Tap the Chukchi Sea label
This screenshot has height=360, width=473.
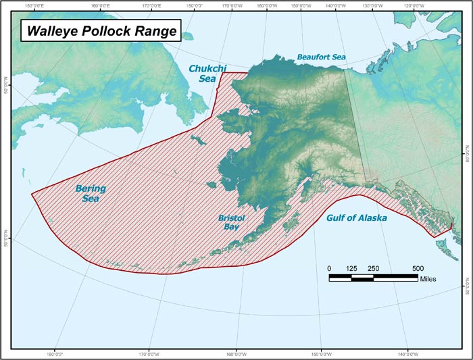pos(202,74)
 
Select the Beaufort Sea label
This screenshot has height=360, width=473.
pos(321,57)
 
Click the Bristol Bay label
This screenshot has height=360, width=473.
pos(230,223)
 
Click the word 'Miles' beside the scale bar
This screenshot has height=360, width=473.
pos(428,278)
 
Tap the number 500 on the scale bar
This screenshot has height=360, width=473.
pos(417,268)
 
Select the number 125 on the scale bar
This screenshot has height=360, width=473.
pos(351,268)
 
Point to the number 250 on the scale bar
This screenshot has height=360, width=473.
pos(373,268)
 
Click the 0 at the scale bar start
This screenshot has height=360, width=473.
pos(330,268)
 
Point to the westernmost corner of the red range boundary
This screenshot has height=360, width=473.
pos(32,194)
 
